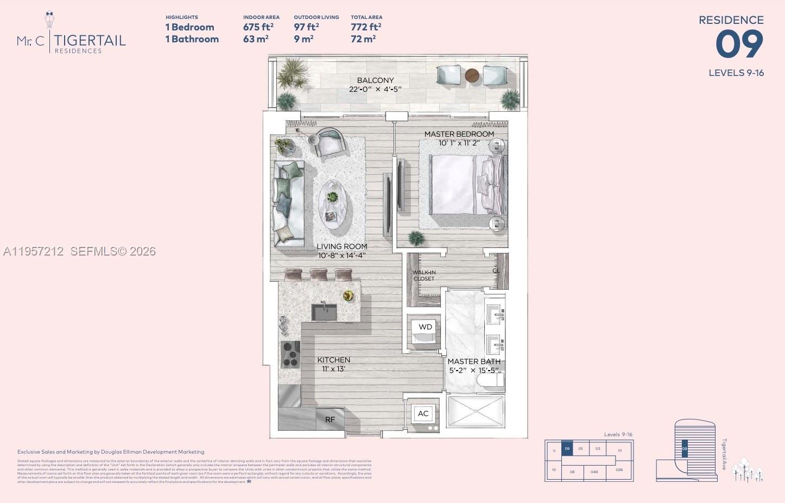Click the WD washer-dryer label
[x=425, y=327]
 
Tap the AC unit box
[x=423, y=413]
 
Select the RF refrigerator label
[x=330, y=419]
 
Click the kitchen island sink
[x=324, y=312]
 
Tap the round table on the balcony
[x=472, y=76]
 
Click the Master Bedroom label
[x=459, y=134]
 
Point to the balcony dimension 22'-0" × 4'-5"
[x=375, y=90]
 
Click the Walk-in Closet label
[x=424, y=276]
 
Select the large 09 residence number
[x=739, y=44]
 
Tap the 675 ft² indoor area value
[x=258, y=27]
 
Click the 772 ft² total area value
[x=365, y=27]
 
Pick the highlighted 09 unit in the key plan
[x=567, y=449]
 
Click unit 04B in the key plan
[x=594, y=472]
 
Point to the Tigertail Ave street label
[x=724, y=454]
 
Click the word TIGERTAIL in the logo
[x=90, y=40]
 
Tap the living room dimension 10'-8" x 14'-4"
[x=342, y=256]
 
